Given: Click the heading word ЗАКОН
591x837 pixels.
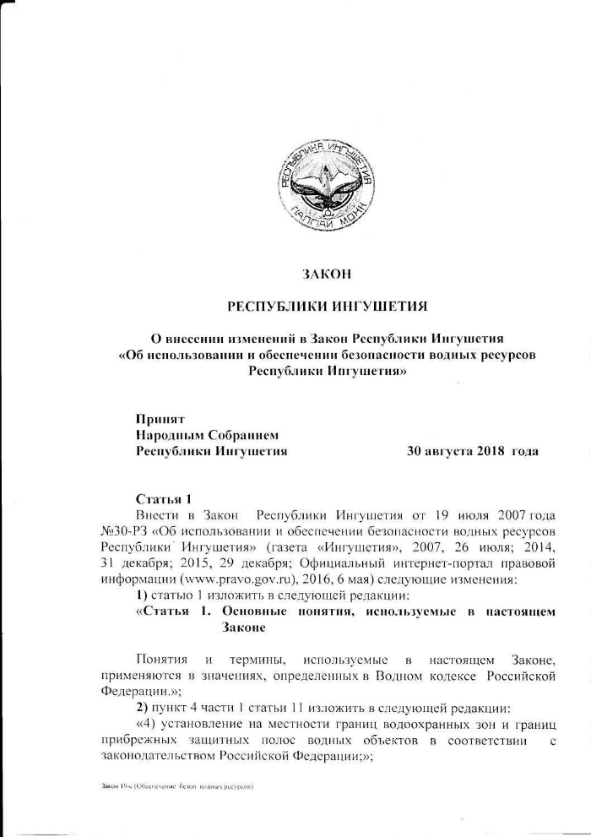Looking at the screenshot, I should [x=326, y=274].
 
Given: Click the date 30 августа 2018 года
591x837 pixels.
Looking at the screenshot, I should [x=473, y=451].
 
